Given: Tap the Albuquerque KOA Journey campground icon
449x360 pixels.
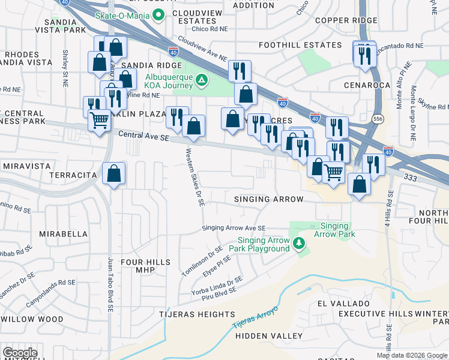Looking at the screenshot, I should [x=202, y=80].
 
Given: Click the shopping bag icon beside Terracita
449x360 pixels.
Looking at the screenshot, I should [x=113, y=175].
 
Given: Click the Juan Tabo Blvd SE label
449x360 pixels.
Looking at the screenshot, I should [x=110, y=286].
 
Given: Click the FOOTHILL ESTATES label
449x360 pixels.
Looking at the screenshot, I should [x=291, y=45].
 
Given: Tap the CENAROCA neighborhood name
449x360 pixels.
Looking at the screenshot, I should [x=367, y=85].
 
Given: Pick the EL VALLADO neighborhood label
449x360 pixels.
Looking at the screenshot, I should [x=342, y=302].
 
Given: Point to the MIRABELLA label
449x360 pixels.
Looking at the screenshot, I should [x=63, y=233].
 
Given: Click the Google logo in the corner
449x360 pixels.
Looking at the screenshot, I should [x=20, y=353].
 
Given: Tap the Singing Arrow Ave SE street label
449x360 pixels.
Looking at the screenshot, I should [x=234, y=228].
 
